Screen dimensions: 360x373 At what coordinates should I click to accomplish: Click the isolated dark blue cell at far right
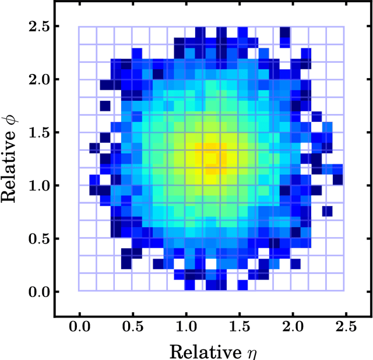328,211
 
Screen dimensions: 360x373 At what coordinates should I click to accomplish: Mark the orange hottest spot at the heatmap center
212,157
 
